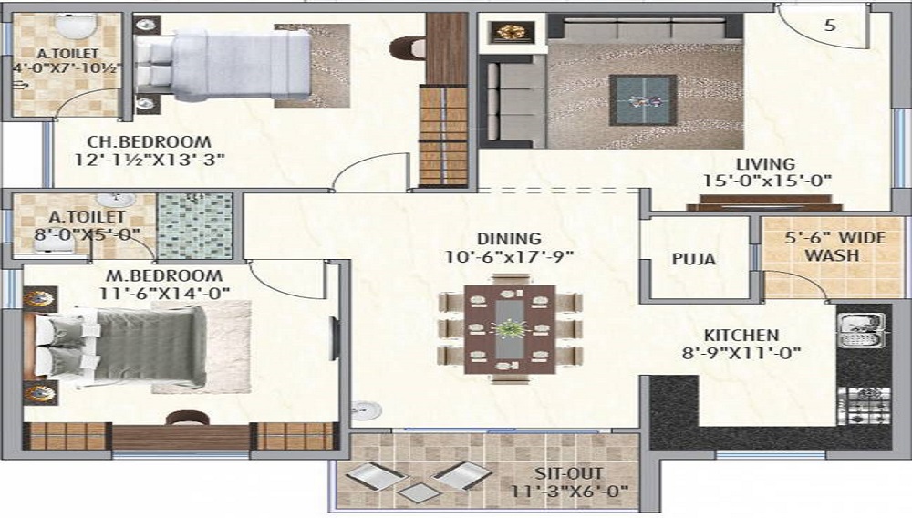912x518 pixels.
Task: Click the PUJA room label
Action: (x=693, y=259)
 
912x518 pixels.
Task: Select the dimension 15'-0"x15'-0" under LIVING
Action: (x=767, y=181)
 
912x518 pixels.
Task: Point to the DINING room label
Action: (x=510, y=239)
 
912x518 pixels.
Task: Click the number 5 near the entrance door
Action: (x=830, y=25)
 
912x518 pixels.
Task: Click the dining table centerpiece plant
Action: (x=509, y=329)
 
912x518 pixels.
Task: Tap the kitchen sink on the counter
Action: (x=861, y=330)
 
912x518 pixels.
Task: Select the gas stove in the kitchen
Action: (x=865, y=405)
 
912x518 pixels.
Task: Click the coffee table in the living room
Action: (x=643, y=100)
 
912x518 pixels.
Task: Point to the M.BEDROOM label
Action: (x=164, y=275)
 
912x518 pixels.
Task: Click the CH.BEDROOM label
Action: (x=150, y=142)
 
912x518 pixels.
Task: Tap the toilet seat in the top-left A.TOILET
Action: (x=75, y=27)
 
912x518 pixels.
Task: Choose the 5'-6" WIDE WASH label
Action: (x=832, y=246)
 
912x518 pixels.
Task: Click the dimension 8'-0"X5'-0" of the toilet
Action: (x=88, y=234)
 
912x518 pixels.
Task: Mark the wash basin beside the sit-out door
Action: (x=366, y=409)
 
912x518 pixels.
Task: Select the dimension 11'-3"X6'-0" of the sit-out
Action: (x=569, y=492)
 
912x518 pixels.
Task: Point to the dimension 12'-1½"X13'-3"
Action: (x=150, y=160)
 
